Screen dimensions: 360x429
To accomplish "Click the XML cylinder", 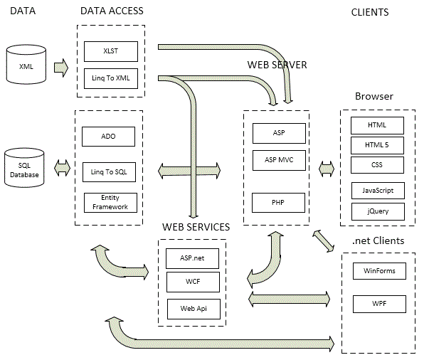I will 26,66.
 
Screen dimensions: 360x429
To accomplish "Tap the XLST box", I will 110,51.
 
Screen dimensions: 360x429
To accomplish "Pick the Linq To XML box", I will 110,77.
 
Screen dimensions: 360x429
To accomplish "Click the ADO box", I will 108,136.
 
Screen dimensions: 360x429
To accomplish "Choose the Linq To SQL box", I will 108,171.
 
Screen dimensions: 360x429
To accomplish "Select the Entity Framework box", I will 108,202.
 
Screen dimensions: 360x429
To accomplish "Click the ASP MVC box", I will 279,160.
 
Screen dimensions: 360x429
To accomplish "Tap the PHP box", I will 279,203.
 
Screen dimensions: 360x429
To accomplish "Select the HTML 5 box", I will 377,146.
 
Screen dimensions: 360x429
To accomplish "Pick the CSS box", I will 377,166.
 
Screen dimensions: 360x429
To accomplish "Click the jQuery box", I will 377,211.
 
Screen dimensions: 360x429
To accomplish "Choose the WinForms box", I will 379,271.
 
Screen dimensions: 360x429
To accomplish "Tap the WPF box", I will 379,305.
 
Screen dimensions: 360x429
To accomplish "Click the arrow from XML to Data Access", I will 61,68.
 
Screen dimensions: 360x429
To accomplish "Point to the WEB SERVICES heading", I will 196,227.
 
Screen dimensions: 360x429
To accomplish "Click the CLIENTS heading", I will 370,12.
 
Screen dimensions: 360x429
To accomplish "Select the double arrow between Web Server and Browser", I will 327,169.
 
